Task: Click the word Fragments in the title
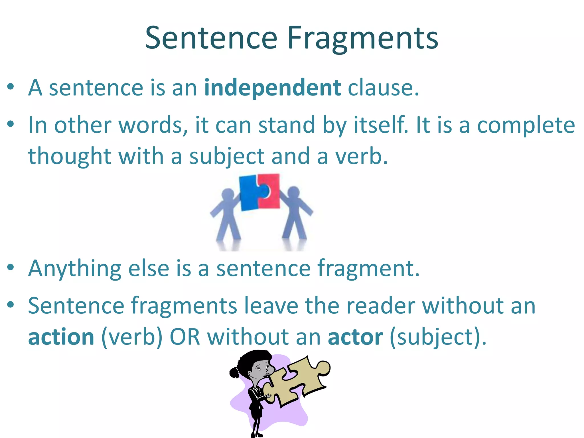[x=363, y=39]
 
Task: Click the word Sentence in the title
[x=211, y=38]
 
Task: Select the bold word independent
[x=273, y=88]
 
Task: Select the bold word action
[x=61, y=337]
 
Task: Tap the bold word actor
[x=355, y=337]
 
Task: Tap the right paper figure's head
[x=294, y=193]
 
